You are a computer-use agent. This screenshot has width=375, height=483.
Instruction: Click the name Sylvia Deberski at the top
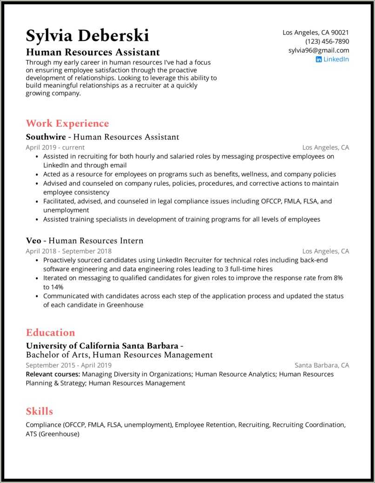coord(87,35)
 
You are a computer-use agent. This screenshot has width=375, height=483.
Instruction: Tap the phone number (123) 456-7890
coord(327,41)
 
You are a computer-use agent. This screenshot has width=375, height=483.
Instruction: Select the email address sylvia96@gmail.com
coord(319,50)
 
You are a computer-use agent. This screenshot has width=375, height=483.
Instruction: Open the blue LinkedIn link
coord(336,59)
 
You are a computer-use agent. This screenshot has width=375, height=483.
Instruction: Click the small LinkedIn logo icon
coord(319,60)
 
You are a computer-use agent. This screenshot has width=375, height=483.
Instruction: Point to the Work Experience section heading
coord(67,123)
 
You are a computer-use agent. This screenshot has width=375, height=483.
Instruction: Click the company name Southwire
coord(46,137)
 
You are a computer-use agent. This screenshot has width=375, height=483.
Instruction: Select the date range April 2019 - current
coord(55,148)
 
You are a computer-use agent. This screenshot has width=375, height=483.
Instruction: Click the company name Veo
coord(33,241)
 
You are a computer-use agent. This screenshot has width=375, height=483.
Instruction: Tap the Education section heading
coord(50,332)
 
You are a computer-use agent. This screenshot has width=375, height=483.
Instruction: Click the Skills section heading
coord(40,411)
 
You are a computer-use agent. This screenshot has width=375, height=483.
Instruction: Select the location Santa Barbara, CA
coord(322,365)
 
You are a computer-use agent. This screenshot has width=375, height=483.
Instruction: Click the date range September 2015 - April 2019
coord(68,365)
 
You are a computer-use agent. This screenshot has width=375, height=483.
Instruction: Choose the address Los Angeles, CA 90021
coord(316,33)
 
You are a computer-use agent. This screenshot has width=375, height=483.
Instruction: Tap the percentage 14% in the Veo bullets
coord(50,287)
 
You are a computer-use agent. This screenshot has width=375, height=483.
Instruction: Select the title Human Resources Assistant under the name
coord(93,52)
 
